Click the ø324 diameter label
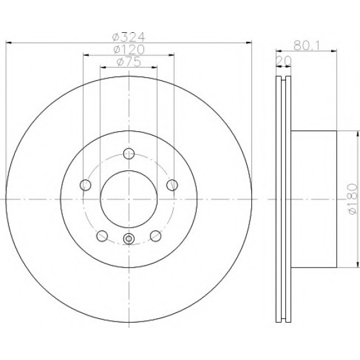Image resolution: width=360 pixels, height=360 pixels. pyautogui.click(x=129, y=37)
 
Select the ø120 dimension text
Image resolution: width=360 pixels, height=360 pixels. pyautogui.click(x=129, y=50)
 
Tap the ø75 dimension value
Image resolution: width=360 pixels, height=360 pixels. pyautogui.click(x=129, y=62)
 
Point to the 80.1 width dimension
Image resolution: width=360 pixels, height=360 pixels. pyautogui.click(x=307, y=46)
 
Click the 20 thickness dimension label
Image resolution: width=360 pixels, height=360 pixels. pyautogui.click(x=283, y=60)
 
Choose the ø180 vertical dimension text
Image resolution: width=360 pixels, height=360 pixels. pyautogui.click(x=353, y=199)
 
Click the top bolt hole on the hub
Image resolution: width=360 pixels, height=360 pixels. pyautogui.click(x=129, y=154)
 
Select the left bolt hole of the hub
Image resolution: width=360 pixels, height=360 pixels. pyautogui.click(x=85, y=185)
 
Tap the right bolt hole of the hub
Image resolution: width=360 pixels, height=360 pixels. pyautogui.click(x=172, y=185)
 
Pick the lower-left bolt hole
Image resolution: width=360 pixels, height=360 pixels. pyautogui.click(x=102, y=236)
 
